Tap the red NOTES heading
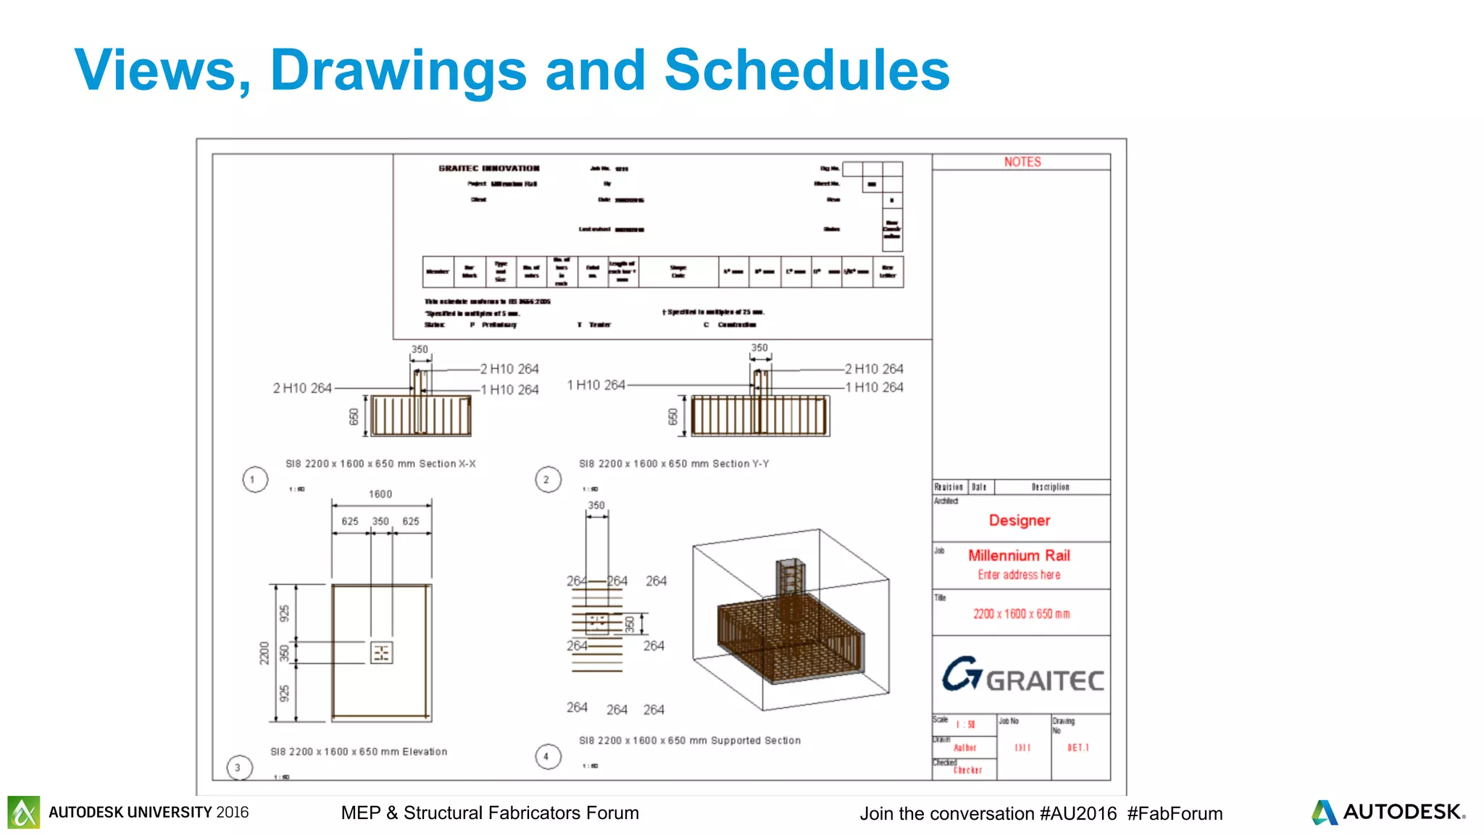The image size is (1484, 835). (1022, 162)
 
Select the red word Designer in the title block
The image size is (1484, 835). (1019, 520)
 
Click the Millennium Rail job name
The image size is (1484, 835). (1019, 555)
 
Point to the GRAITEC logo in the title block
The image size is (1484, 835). (1022, 676)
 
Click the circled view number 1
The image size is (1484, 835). (254, 479)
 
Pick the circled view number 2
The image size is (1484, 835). (548, 479)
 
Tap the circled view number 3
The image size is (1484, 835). (238, 768)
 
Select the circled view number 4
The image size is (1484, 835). (548, 757)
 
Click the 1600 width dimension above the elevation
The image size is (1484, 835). (380, 494)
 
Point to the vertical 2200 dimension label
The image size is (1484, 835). (264, 652)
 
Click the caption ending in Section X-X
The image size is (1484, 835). (380, 464)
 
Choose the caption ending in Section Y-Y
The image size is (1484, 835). (674, 464)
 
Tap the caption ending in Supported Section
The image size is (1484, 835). (690, 741)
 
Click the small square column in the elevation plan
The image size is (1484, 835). (381, 652)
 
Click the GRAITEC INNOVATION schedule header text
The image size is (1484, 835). (489, 168)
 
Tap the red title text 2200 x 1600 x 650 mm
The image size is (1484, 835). (1021, 614)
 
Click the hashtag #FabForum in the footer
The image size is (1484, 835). (1175, 813)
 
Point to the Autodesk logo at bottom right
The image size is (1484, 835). (1388, 812)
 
